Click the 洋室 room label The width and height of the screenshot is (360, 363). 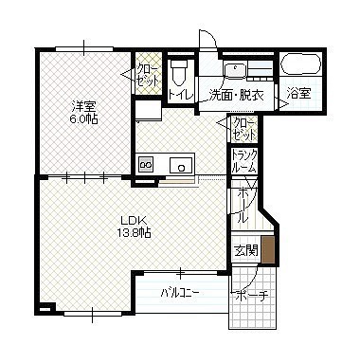click(83, 106)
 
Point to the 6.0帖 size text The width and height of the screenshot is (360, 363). click(83, 119)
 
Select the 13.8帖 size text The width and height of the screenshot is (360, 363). click(134, 233)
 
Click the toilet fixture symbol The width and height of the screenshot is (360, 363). click(179, 72)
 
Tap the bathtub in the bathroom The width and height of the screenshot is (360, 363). click(301, 64)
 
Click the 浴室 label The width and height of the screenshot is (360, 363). click(298, 93)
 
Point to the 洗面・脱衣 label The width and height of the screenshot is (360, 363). click(237, 95)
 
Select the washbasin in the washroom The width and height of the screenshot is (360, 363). click(235, 70)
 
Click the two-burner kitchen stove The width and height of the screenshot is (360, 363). click(146, 164)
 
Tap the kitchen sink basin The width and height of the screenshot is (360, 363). click(181, 165)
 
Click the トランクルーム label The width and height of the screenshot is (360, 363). click(243, 161)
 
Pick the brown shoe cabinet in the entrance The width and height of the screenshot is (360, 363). click(268, 249)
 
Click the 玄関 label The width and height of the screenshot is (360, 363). click(246, 250)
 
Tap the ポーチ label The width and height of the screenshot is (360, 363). click(251, 296)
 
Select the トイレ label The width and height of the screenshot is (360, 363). click(180, 95)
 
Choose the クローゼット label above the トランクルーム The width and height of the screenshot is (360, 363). click(243, 129)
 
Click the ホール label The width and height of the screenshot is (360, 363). click(243, 205)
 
